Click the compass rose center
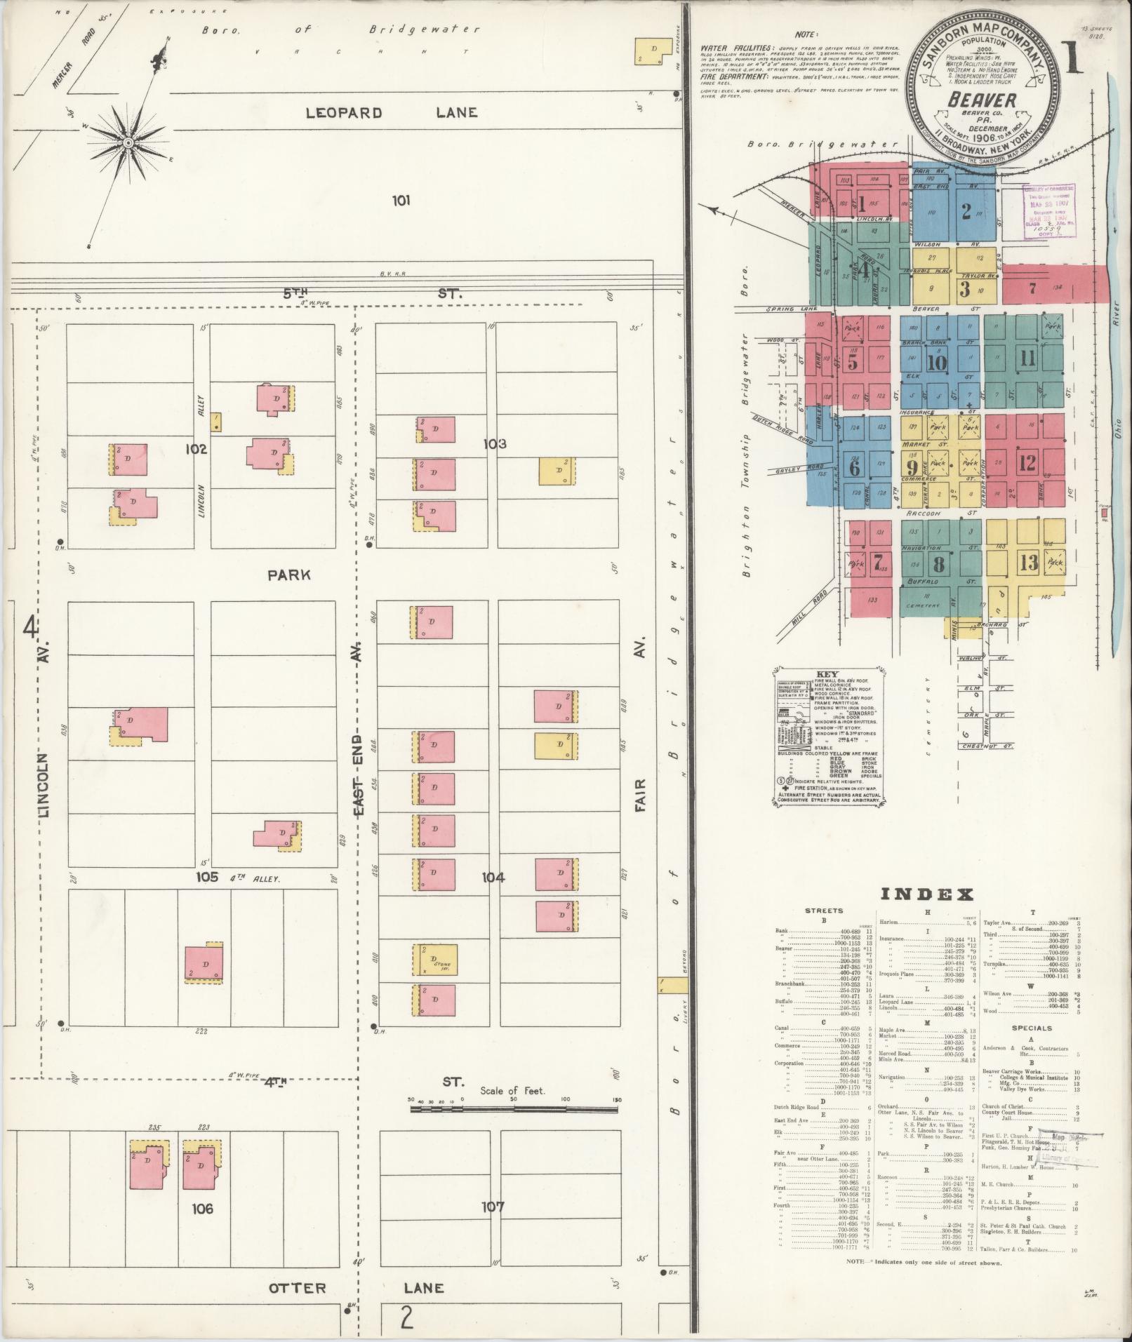tap(128, 142)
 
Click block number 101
tap(401, 201)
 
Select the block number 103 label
tap(495, 443)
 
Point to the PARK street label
tap(288, 575)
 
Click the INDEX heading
tap(926, 894)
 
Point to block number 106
tap(200, 1209)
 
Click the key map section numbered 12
tap(1027, 463)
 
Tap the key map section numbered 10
tap(937, 363)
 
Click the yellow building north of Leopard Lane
tap(651, 51)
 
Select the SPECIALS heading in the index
tap(1032, 1028)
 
